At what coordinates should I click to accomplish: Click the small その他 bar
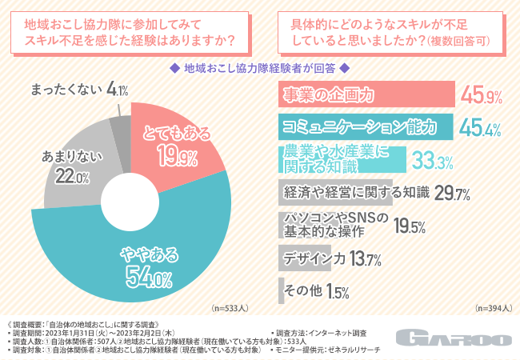281,290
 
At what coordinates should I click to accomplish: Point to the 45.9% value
482,98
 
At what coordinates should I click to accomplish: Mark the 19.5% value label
409,226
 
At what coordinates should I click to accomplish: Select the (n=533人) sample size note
230,306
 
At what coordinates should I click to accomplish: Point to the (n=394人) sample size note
493,306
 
